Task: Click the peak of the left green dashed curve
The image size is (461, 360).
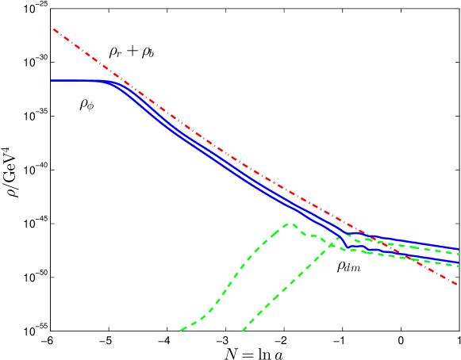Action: [x=291, y=224]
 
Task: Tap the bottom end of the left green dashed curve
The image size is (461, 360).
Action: [x=181, y=330]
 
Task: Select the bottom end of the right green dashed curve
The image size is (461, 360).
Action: [x=242, y=330]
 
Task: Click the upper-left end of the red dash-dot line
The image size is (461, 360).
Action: [x=51, y=26]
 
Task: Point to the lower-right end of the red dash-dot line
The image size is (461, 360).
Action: [x=459, y=285]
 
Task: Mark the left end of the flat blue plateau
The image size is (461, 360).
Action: [x=51, y=80]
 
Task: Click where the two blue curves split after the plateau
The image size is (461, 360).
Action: [x=111, y=82]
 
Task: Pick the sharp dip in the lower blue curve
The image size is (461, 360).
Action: [x=347, y=247]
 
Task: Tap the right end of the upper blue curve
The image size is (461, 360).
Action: [x=459, y=249]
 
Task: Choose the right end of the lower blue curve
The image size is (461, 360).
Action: [x=459, y=262]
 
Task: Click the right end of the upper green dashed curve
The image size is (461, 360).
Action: [x=459, y=253]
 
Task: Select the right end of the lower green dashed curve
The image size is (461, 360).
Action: [x=459, y=266]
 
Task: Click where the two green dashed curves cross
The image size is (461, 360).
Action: [x=332, y=242]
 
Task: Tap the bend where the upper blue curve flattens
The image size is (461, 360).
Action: [x=349, y=234]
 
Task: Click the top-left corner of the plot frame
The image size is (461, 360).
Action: [x=51, y=9]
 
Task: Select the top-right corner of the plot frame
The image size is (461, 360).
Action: [x=459, y=9]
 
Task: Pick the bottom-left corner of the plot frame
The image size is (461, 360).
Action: [x=51, y=331]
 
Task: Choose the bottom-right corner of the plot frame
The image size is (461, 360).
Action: [x=459, y=331]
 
